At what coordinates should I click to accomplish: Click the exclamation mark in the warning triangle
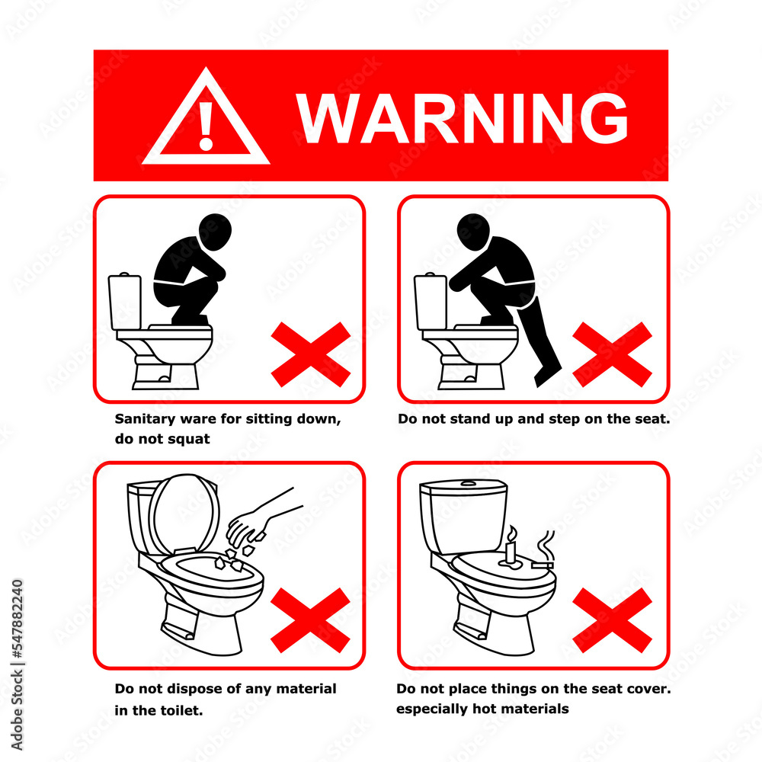pyautogui.click(x=206, y=126)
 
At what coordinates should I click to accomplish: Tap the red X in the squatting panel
pyautogui.click(x=310, y=354)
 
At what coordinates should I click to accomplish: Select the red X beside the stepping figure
pyautogui.click(x=612, y=354)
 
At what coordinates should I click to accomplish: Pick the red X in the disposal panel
pyautogui.click(x=310, y=620)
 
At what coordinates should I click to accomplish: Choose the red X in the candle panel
pyautogui.click(x=612, y=620)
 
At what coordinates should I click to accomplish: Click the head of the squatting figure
pyautogui.click(x=215, y=231)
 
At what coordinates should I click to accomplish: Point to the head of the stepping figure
pyautogui.click(x=473, y=231)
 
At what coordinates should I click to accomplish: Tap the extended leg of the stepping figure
pyautogui.click(x=546, y=343)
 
